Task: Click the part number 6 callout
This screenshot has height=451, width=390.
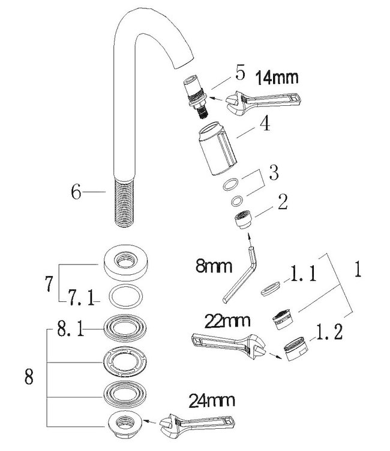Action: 76,192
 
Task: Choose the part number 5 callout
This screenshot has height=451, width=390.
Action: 241,75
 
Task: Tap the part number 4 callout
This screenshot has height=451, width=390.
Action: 264,124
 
